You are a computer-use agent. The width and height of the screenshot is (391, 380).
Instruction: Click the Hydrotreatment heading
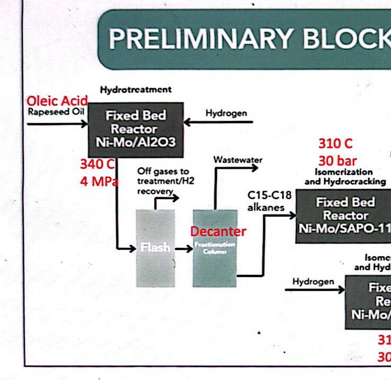click(x=135, y=90)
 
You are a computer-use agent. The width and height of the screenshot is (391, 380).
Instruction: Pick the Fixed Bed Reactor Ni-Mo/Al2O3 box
click(x=135, y=129)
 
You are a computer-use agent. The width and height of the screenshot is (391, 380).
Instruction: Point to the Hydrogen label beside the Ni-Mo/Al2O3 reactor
click(x=226, y=113)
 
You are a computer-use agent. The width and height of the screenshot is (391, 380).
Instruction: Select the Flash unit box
click(x=155, y=248)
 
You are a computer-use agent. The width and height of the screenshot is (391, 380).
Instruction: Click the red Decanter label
click(x=218, y=231)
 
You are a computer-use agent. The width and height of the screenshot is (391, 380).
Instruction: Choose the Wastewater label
click(x=238, y=159)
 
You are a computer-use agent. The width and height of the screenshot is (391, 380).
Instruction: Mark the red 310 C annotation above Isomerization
click(x=335, y=143)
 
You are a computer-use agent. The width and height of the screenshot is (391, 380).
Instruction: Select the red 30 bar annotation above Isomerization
click(x=337, y=160)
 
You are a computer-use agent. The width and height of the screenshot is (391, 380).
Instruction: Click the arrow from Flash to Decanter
click(x=184, y=248)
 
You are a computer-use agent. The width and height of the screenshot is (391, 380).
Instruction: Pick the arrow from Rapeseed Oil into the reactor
click(x=57, y=124)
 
